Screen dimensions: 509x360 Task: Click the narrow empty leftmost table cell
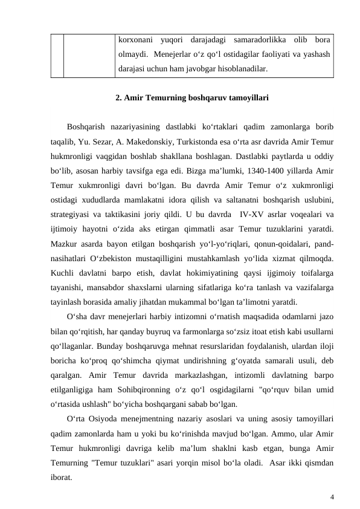[57, 55]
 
